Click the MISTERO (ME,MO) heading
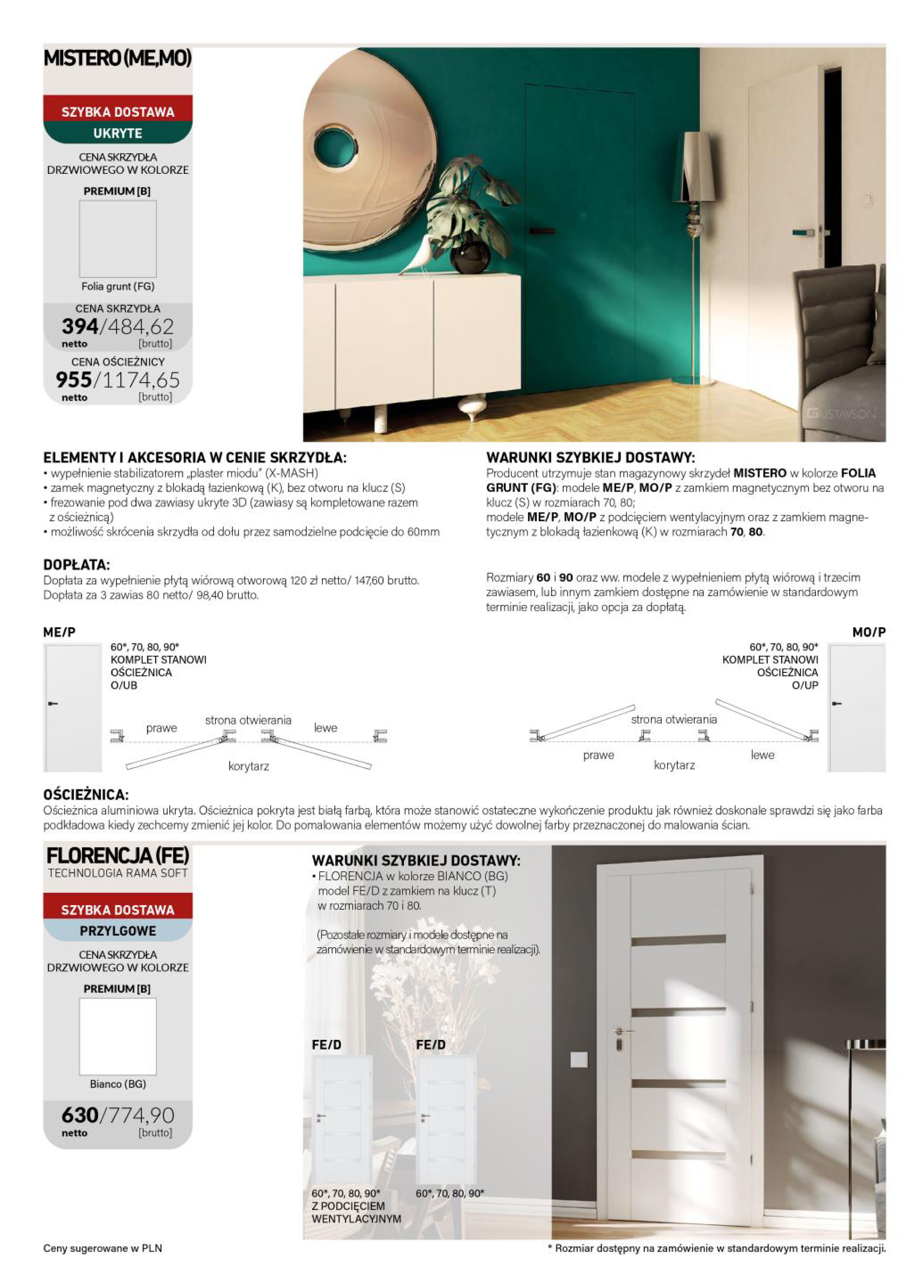pos(117,58)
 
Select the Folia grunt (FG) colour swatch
pos(117,239)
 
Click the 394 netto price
pos(80,326)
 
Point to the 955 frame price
pos(74,380)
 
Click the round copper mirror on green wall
pos(369,151)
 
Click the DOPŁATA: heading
pos(77,565)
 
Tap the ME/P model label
pos(59,632)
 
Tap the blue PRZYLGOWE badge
pos(117,931)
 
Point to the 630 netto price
pos(80,1115)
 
